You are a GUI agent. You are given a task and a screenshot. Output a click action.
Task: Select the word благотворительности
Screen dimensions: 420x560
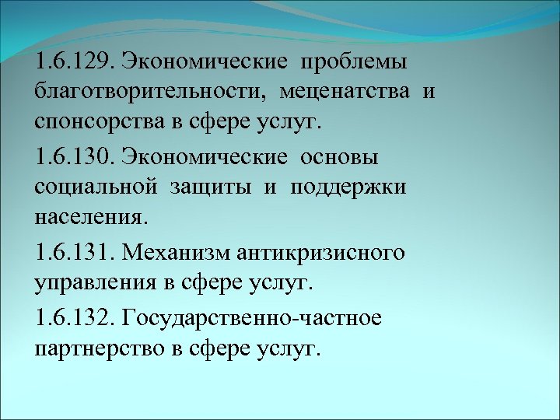point(146,93)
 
